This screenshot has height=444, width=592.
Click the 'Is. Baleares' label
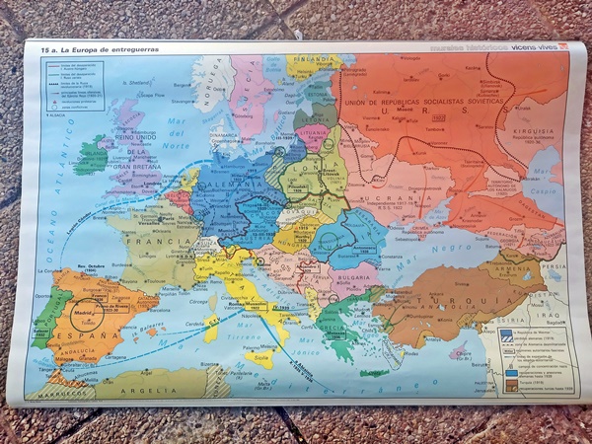pyautogui.click(x=146, y=327)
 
